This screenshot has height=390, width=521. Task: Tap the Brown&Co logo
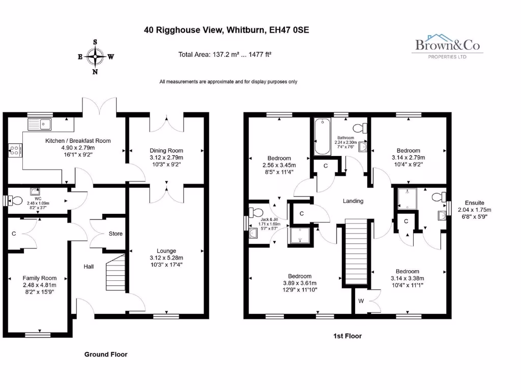pos(447,46)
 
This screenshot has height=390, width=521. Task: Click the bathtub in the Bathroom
pos(323,137)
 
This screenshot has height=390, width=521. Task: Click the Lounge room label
pos(166,251)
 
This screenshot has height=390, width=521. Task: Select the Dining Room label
pos(166,150)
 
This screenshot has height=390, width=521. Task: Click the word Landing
pos(353,201)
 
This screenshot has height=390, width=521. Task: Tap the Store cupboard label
pos(115,234)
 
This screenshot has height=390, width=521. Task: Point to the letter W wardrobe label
pos(361,301)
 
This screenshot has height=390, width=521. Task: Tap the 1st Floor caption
pos(348,336)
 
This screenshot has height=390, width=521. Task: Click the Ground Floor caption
pos(106,354)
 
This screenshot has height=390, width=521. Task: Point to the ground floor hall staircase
pos(116,273)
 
